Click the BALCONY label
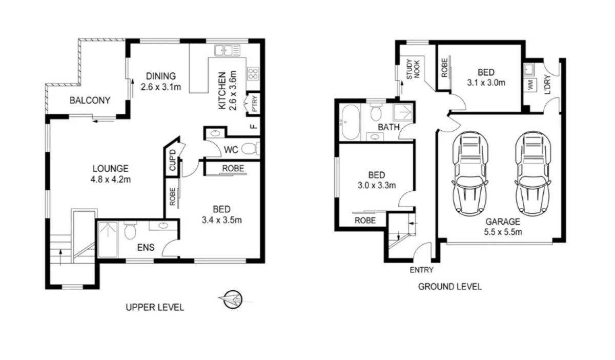(x=90, y=101)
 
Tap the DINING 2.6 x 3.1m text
(x=161, y=81)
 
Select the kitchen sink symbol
(x=227, y=50)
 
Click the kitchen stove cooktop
(x=253, y=73)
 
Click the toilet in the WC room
(x=250, y=149)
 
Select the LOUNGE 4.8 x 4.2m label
(x=110, y=174)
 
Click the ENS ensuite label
(x=143, y=248)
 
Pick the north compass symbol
(x=232, y=299)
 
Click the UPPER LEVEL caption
(x=155, y=308)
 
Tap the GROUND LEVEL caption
(x=449, y=287)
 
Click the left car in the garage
(x=470, y=173)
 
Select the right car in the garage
(x=531, y=173)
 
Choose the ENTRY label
(x=421, y=270)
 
